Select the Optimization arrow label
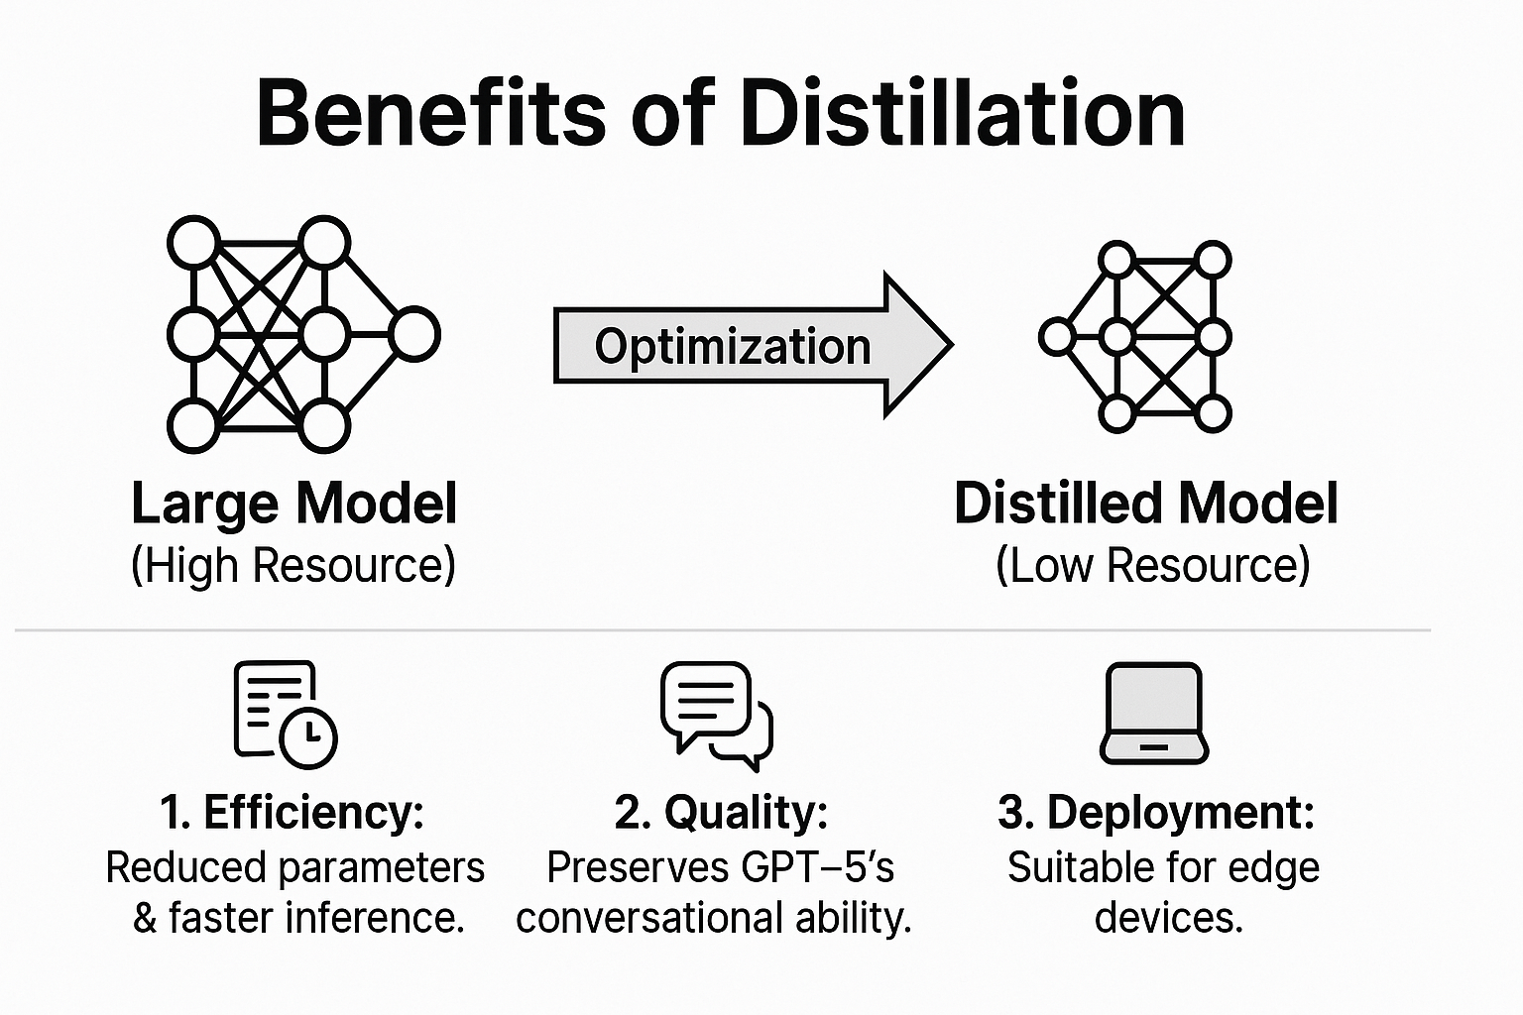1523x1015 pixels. coord(732,347)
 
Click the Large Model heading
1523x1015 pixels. coord(294,504)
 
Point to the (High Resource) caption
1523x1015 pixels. coord(293,566)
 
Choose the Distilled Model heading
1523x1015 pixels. coord(1145,504)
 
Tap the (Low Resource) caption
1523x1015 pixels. coord(1152,566)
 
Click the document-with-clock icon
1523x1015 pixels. coord(285,714)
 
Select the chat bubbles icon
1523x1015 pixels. coord(716,714)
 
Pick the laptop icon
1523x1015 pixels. coord(1154,714)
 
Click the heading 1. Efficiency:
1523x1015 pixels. coord(293,813)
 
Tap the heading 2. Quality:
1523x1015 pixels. coord(721,813)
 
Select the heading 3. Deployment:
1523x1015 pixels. coord(1156,813)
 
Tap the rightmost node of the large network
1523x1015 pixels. coord(413,334)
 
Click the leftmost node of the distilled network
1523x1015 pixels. coord(1057,337)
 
